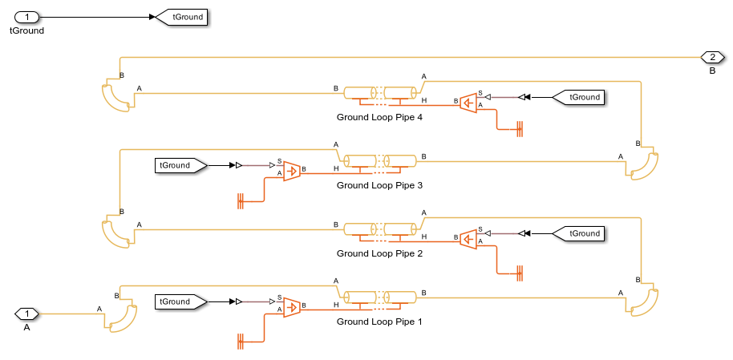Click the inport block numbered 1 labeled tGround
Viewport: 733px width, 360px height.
[x=27, y=16]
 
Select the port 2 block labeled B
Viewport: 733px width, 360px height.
[x=711, y=57]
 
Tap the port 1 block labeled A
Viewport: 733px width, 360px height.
[x=27, y=313]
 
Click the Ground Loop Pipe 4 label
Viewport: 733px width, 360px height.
[x=379, y=117]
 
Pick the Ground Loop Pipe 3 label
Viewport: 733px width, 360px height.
[x=379, y=185]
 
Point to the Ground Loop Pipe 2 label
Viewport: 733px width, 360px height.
[x=379, y=253]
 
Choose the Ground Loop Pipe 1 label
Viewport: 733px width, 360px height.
[x=379, y=322]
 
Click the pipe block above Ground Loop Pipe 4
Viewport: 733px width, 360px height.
[x=380, y=93]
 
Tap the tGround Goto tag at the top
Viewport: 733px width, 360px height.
[x=183, y=16]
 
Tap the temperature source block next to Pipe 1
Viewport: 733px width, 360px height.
[x=292, y=305]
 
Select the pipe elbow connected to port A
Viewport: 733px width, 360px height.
[x=119, y=318]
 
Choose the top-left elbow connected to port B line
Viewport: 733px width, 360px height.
[x=117, y=98]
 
